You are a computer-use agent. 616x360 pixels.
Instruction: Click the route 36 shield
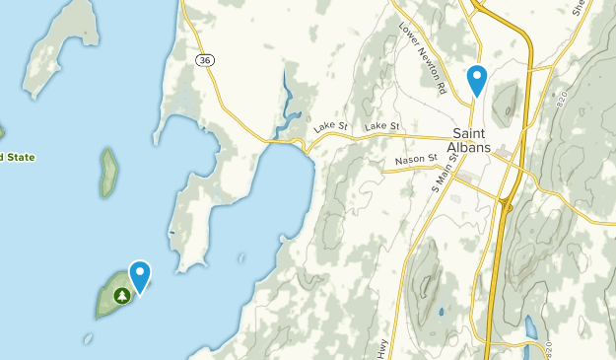pos(205,61)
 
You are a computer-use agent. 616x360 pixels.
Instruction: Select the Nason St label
pos(415,158)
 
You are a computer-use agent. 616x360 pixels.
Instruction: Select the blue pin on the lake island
pos(140,276)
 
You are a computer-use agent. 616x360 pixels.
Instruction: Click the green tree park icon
pos(122,295)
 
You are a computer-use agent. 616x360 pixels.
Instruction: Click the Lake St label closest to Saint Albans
pos(381,126)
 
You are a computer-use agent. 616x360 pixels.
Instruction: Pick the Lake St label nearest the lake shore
pos(331,127)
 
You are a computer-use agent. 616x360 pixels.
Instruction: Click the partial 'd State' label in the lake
pos(17,157)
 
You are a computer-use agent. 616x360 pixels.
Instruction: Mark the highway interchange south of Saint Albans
pos(507,204)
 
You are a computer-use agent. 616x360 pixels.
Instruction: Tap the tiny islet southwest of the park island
pos(89,338)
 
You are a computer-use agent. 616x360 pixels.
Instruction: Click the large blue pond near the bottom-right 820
pos(531,326)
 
